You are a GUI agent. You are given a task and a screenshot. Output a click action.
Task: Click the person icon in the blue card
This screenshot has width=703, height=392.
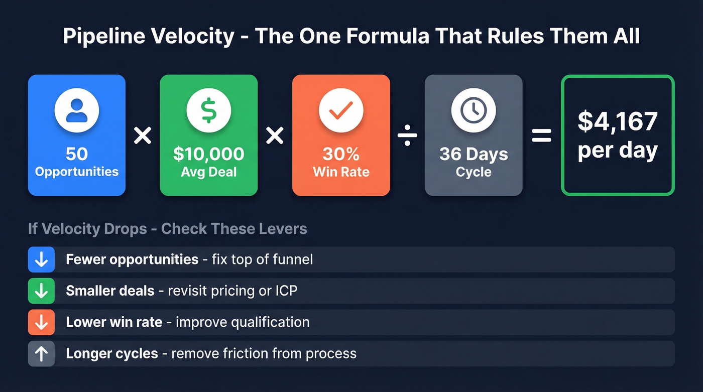[x=77, y=110]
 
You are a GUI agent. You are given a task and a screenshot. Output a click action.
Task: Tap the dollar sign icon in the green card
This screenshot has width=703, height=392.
[x=208, y=110]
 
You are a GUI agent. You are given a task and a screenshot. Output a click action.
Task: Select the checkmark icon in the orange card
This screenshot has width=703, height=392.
[x=341, y=110]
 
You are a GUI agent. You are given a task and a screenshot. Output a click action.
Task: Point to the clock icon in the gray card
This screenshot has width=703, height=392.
[x=474, y=110]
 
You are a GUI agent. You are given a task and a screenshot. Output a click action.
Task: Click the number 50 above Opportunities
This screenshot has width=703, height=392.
[x=76, y=154]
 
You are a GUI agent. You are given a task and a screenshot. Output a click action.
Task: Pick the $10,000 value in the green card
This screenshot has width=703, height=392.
[x=208, y=154]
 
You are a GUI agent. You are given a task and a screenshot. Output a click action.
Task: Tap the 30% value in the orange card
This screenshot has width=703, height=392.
[x=341, y=154]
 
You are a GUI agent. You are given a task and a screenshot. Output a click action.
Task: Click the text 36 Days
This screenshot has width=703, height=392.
[x=474, y=154]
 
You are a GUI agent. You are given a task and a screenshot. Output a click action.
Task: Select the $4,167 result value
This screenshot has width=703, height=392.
[x=617, y=121]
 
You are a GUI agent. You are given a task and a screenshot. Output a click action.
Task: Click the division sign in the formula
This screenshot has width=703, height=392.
[x=407, y=135]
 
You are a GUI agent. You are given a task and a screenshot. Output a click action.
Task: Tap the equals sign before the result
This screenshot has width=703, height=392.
[x=541, y=135]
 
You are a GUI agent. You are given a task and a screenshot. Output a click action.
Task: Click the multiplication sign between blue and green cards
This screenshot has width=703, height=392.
[x=143, y=135]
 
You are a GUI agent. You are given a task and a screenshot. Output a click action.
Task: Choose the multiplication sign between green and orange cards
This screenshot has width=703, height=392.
[x=275, y=135]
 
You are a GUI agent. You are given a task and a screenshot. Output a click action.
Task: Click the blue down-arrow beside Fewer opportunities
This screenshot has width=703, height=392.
[x=41, y=259]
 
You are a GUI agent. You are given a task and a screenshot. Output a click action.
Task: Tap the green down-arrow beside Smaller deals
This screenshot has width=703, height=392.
[x=41, y=291]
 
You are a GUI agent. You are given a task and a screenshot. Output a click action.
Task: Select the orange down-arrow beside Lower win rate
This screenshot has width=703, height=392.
[x=41, y=322]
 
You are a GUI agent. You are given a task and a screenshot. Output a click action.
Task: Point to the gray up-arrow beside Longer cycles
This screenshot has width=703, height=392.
[x=41, y=353]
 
